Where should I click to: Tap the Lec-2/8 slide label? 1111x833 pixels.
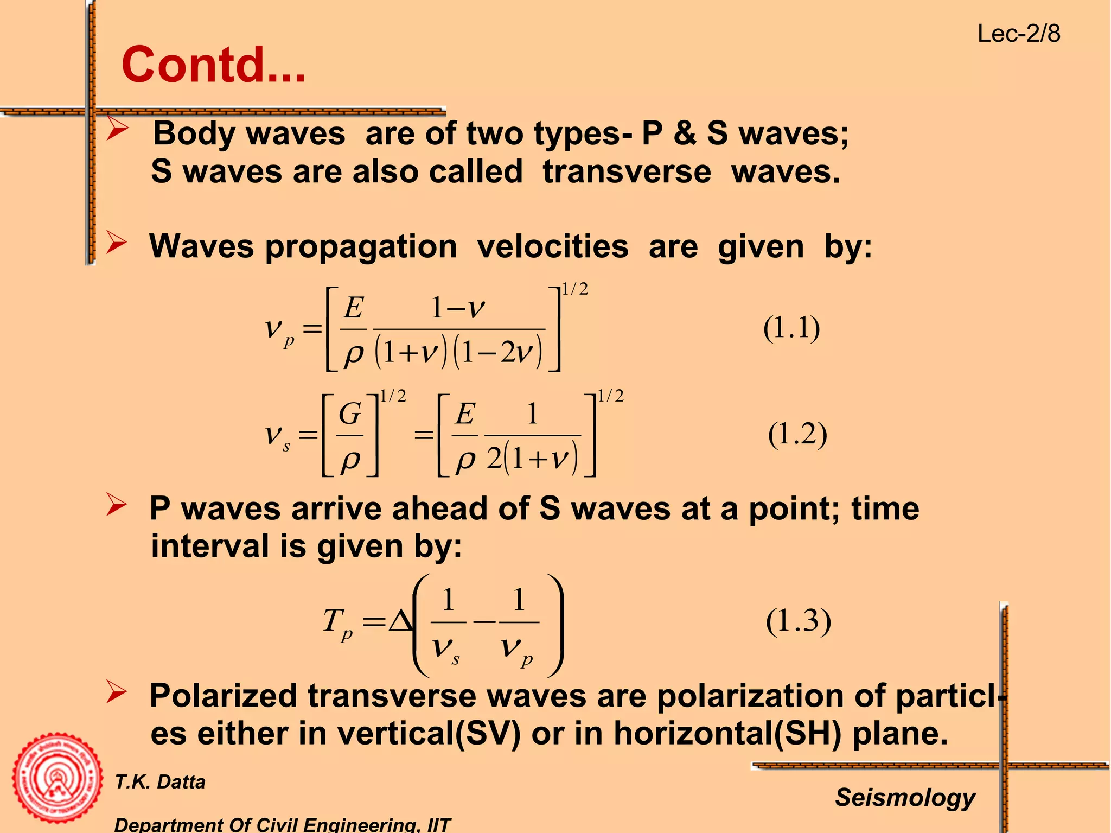click(x=1018, y=34)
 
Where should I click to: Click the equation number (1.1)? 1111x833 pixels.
click(x=791, y=328)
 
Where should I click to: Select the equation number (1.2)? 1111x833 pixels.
click(x=797, y=434)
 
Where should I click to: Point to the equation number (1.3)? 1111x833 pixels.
click(x=799, y=621)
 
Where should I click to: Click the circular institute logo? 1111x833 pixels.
click(x=57, y=778)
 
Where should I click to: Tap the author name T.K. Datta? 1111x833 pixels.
click(x=160, y=782)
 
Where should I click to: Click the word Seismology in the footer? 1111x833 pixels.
click(x=905, y=797)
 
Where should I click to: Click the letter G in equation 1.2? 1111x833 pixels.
click(x=350, y=414)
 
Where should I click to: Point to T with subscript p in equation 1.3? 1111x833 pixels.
click(x=337, y=623)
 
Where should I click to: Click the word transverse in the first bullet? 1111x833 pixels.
click(x=627, y=172)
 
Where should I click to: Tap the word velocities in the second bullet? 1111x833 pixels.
click(x=553, y=246)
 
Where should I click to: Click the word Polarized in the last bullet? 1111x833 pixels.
click(x=223, y=696)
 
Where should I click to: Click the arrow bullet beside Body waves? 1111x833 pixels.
click(x=117, y=130)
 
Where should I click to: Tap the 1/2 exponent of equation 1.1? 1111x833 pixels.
click(x=575, y=289)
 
